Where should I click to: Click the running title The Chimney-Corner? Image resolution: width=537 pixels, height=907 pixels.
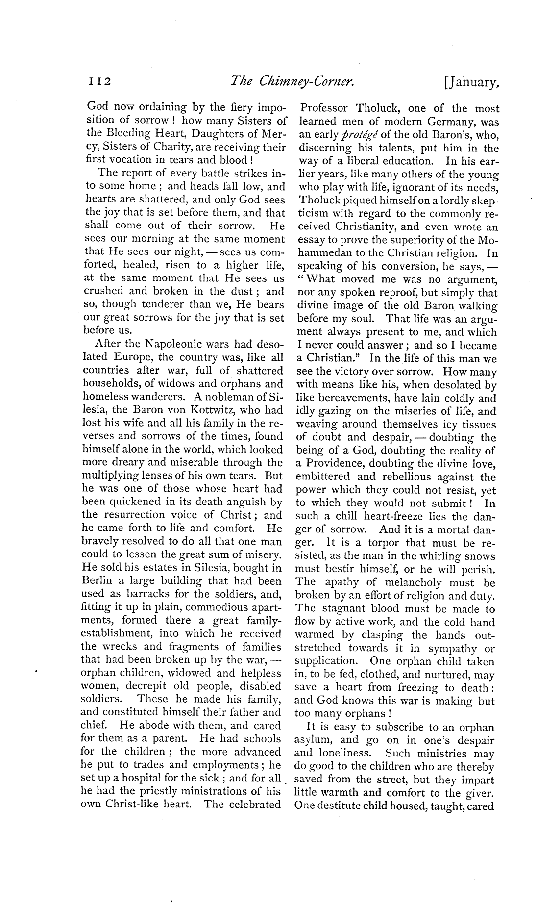point(292,81)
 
